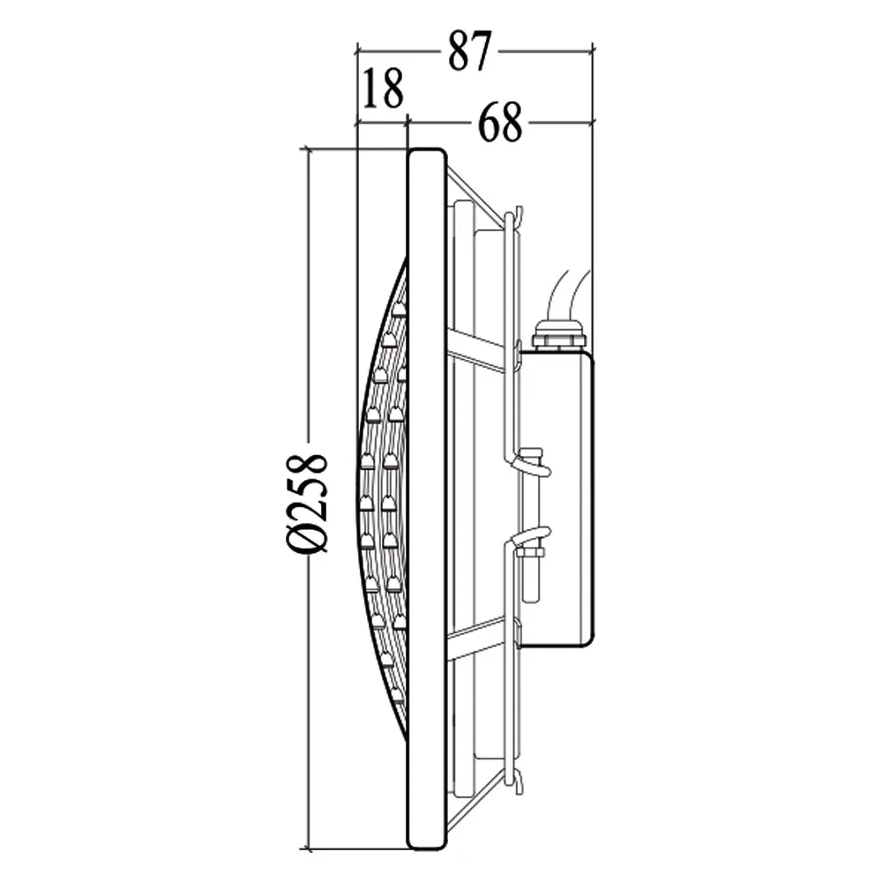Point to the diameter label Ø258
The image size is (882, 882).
(x=308, y=503)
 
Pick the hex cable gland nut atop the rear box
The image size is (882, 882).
(x=558, y=336)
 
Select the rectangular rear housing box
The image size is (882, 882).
(x=556, y=498)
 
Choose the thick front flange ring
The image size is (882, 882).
(x=427, y=498)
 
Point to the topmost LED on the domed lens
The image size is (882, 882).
(x=399, y=309)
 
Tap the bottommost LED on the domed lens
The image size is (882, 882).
(x=396, y=696)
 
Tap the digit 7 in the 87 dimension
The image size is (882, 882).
(x=480, y=50)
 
